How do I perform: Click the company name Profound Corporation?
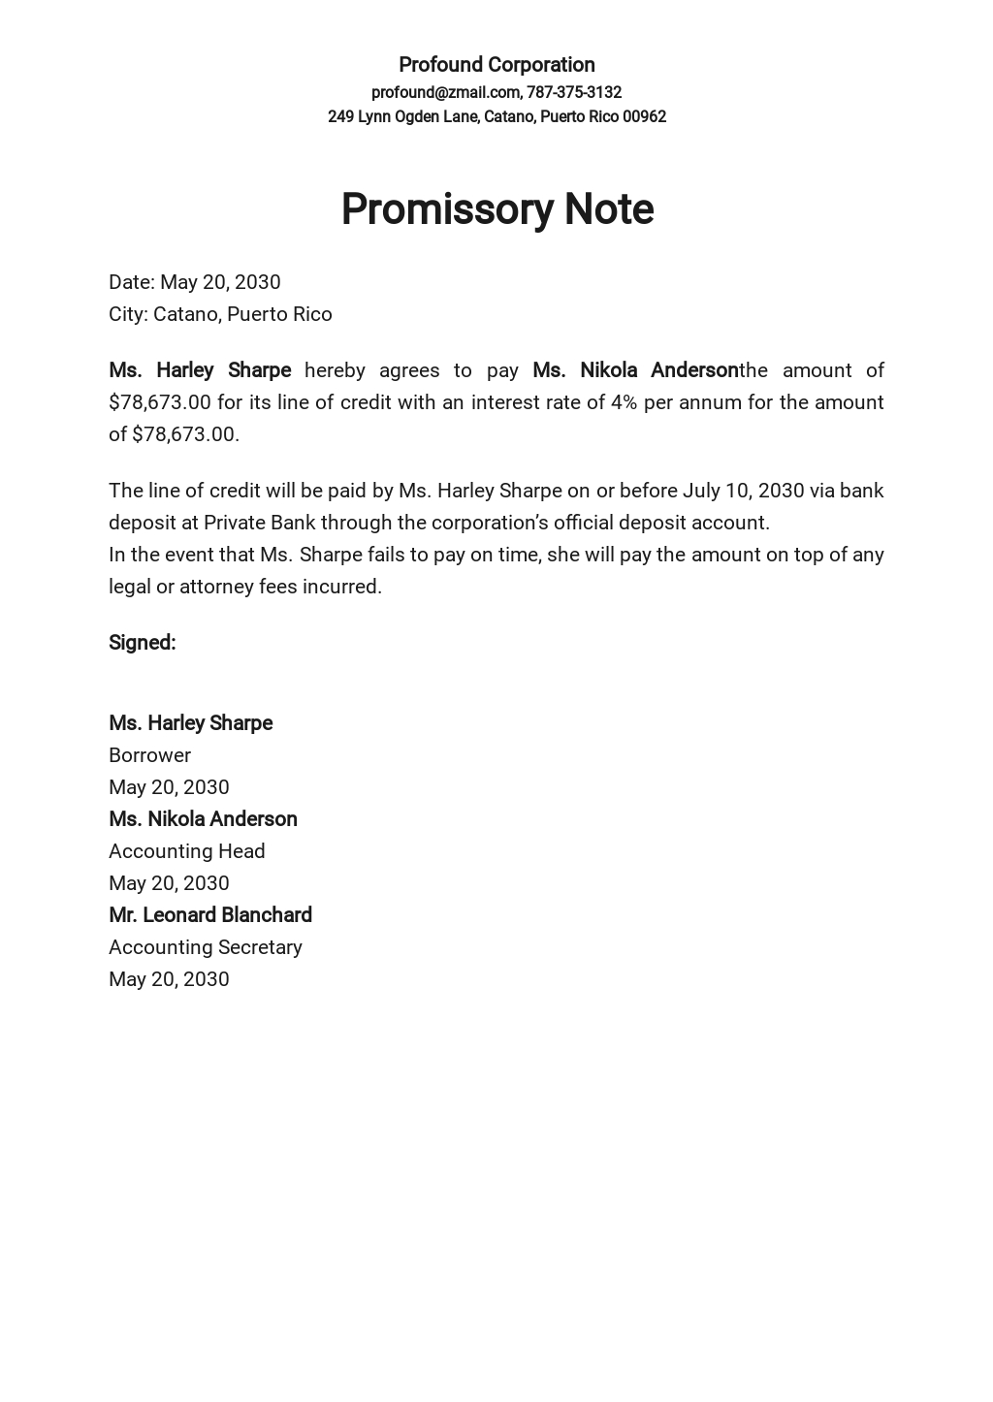pyautogui.click(x=496, y=65)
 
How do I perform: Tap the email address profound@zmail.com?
pyautogui.click(x=445, y=92)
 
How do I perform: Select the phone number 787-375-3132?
pyautogui.click(x=574, y=92)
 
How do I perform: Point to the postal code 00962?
pyautogui.click(x=644, y=116)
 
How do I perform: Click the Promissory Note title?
pyautogui.click(x=496, y=209)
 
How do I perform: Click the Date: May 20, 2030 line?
pyautogui.click(x=194, y=282)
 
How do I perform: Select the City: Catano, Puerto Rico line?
pyautogui.click(x=220, y=314)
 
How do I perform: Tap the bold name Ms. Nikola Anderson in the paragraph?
pyautogui.click(x=635, y=370)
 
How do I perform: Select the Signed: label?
pyautogui.click(x=142, y=643)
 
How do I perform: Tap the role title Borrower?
pyautogui.click(x=149, y=755)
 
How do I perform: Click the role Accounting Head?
pyautogui.click(x=186, y=851)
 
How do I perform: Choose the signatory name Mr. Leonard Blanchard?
pyautogui.click(x=210, y=915)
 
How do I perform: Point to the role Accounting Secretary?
pyautogui.click(x=205, y=947)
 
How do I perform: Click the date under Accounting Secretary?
pyautogui.click(x=169, y=979)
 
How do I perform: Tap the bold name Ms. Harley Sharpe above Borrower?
pyautogui.click(x=190, y=723)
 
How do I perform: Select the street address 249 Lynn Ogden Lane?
pyautogui.click(x=402, y=116)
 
